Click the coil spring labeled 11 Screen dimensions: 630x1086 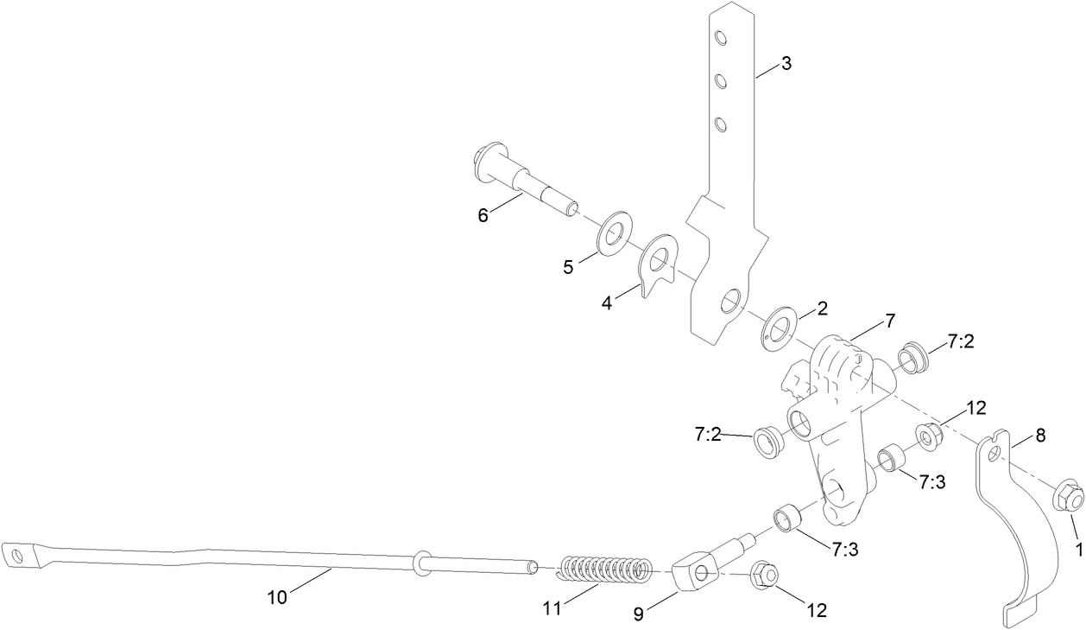tap(604, 571)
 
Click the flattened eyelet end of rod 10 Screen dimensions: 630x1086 tap(16, 554)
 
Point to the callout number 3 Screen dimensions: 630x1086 tap(785, 63)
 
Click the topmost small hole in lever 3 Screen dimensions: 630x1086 tap(721, 38)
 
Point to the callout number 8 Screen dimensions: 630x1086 tap(1040, 436)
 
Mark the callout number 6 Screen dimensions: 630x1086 tap(483, 214)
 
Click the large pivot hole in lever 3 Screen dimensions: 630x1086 tap(730, 301)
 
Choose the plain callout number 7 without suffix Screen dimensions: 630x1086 tap(890, 321)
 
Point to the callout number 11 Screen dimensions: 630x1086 tap(552, 608)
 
